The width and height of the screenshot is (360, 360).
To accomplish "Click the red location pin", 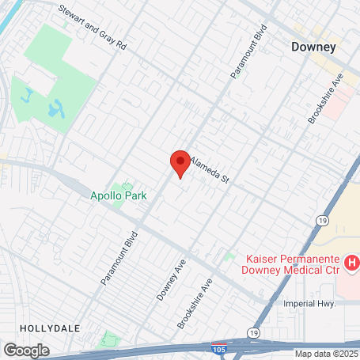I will [180, 162].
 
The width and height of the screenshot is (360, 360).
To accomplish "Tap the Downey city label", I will [314, 47].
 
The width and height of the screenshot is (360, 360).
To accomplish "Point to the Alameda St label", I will [209, 168].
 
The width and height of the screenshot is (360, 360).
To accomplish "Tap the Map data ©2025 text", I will [326, 354].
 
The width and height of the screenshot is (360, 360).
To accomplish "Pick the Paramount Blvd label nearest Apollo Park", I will [119, 257].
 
